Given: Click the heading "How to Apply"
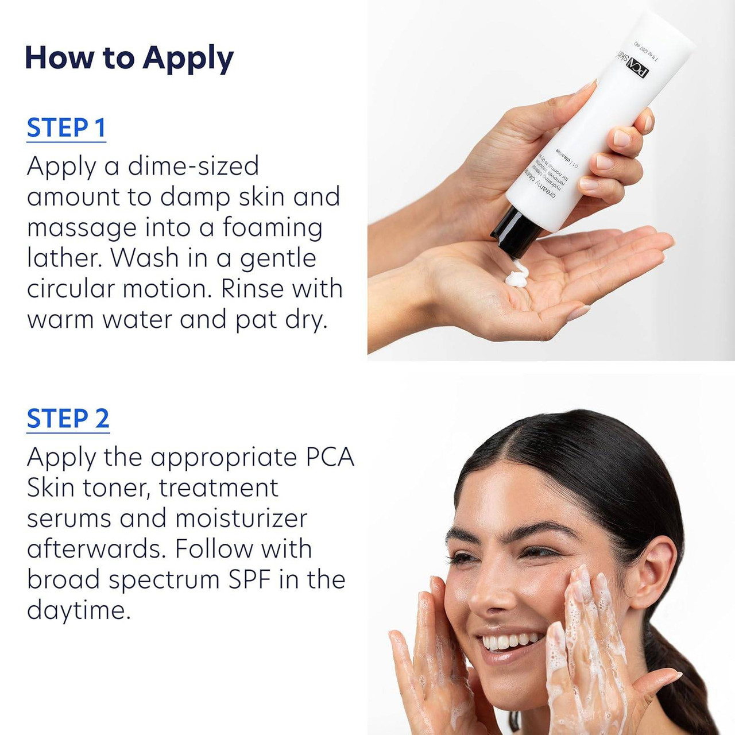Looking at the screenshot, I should (x=129, y=58).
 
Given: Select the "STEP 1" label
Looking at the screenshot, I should (x=66, y=128).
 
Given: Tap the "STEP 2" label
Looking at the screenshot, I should (x=68, y=419).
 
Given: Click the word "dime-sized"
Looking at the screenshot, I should (x=193, y=167).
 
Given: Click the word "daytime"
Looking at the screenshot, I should (x=78, y=610).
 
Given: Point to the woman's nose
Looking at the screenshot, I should (x=488, y=591).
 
